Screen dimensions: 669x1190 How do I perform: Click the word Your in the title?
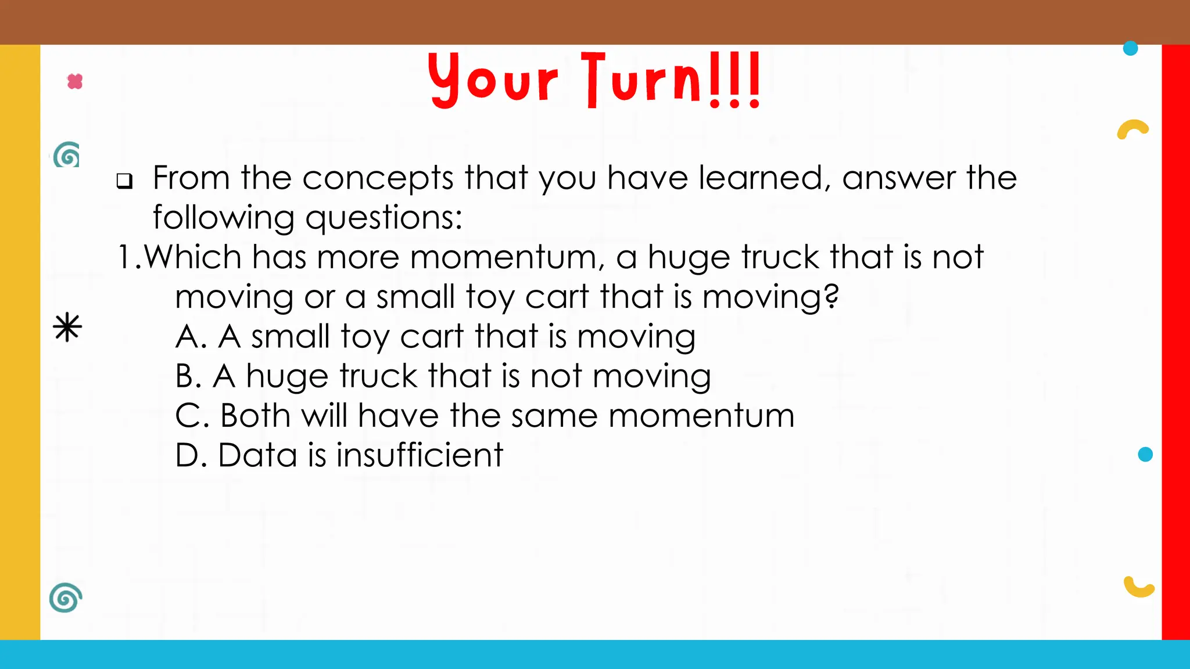pos(493,80)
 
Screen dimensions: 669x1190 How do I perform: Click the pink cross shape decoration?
pos(75,81)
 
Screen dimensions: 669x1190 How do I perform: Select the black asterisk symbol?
pos(67,327)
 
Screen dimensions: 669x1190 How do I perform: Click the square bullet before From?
pos(124,181)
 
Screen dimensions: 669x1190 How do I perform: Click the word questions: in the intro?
pos(383,218)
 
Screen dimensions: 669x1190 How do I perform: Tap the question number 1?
pos(127,257)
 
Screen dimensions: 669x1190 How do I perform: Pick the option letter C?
pos(188,416)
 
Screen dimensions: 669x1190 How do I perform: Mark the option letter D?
pos(188,455)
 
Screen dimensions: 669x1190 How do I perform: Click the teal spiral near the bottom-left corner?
pos(66,597)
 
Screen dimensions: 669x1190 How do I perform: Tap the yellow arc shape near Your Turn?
pos(1132,129)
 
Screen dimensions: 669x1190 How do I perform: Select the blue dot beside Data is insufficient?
pos(1145,454)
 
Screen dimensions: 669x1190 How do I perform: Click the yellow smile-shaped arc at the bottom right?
pos(1138,588)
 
